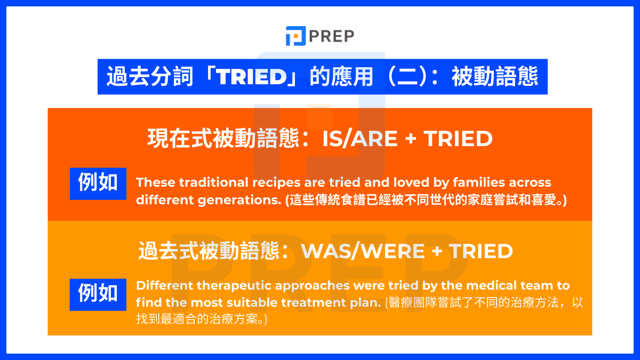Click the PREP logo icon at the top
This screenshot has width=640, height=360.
295,36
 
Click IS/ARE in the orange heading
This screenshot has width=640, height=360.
359,139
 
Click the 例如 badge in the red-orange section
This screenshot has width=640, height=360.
98,183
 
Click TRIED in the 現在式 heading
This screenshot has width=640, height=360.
458,139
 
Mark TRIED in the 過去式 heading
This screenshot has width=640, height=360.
481,251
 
